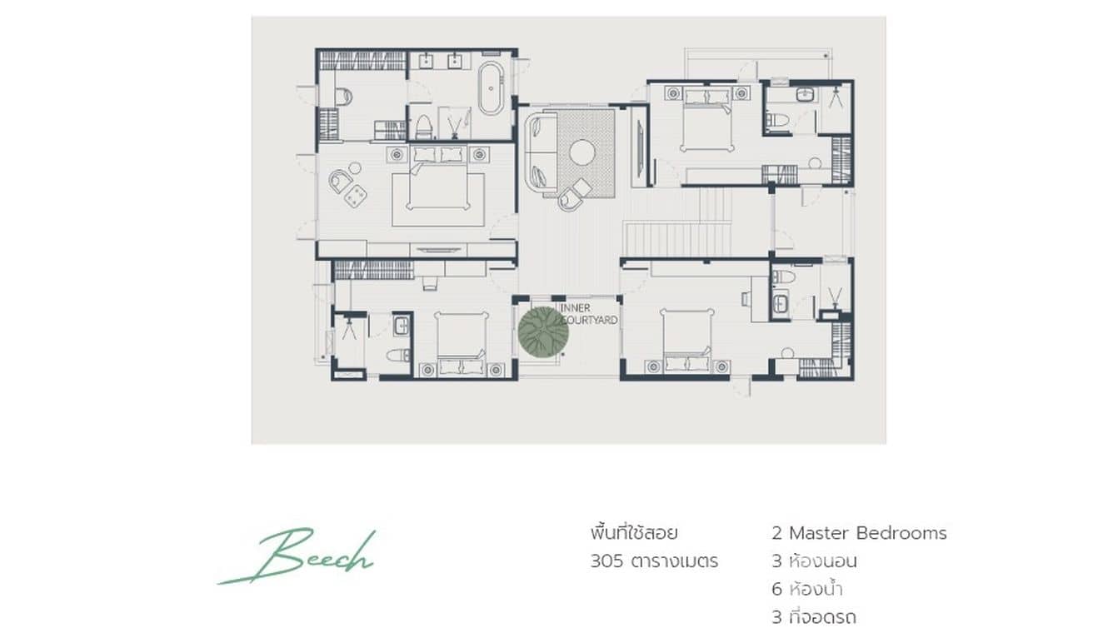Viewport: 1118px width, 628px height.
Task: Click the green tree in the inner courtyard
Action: [543, 331]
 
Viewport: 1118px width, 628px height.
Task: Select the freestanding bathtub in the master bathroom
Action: [491, 87]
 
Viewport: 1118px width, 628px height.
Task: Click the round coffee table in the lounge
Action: [581, 152]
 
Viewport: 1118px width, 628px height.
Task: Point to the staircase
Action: [676, 237]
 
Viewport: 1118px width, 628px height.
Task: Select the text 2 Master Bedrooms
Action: [859, 533]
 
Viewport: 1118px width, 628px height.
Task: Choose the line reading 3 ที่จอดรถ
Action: [813, 617]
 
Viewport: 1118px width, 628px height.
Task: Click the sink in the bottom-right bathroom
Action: [780, 304]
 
